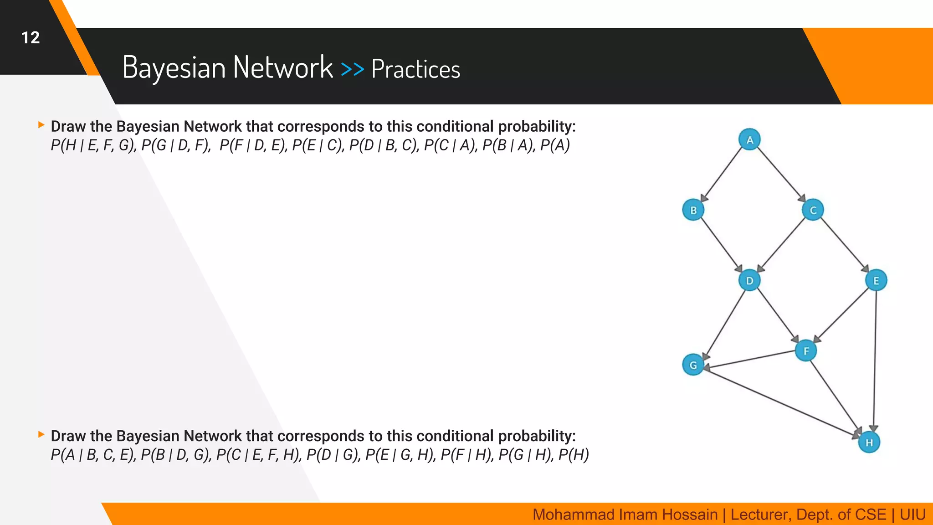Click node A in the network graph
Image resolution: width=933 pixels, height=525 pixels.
749,140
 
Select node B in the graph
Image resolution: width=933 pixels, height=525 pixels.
693,210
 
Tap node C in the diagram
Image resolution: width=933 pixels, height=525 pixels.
813,210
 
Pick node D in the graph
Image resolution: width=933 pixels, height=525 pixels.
749,280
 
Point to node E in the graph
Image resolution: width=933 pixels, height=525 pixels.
876,280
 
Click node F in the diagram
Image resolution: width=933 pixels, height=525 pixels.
806,351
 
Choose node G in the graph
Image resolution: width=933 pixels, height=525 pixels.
693,365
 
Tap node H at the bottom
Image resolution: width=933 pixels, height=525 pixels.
869,442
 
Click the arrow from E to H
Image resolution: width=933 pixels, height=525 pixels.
875,360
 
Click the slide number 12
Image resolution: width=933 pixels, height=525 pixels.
31,38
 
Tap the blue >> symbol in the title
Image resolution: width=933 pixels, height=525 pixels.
352,69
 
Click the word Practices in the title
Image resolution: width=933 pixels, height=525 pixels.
415,69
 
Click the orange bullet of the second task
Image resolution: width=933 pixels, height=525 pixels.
41,434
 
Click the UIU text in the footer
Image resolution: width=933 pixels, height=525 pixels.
912,515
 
